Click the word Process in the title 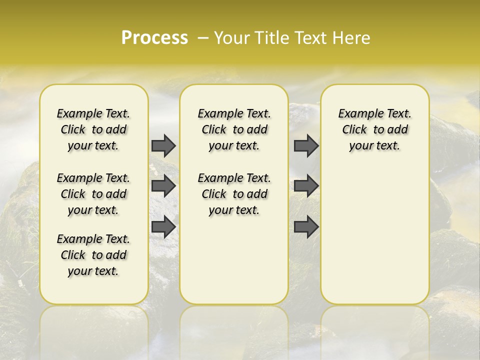click(154, 38)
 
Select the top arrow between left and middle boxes click(163, 145)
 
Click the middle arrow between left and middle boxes click(163, 186)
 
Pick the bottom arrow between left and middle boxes click(163, 227)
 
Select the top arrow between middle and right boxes click(306, 145)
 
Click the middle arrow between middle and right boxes click(306, 186)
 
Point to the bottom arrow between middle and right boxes click(306, 227)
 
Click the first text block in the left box click(93, 129)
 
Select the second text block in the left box click(93, 194)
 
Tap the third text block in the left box click(93, 255)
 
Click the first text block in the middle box click(234, 129)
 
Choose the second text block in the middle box click(234, 194)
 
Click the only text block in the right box click(374, 129)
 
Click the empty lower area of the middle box click(234, 260)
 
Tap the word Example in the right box click(355, 114)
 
